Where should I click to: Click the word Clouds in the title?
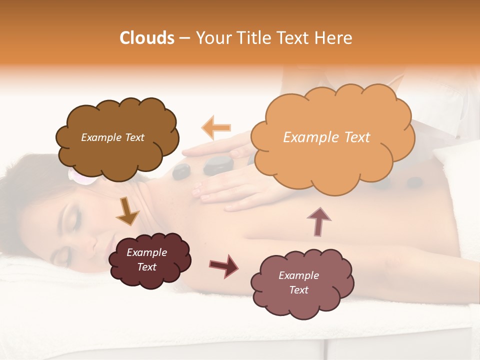tap(147, 38)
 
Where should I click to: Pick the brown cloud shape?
tap(117, 137)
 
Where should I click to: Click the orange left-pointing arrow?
tap(216, 127)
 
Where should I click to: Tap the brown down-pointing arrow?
tap(127, 211)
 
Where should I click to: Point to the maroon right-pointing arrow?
tap(223, 265)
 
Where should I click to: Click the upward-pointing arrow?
tap(318, 221)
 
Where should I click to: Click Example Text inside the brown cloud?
tap(112, 137)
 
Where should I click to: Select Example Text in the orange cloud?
tap(326, 137)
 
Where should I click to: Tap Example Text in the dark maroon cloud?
tap(146, 259)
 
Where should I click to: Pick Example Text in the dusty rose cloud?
tap(298, 282)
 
